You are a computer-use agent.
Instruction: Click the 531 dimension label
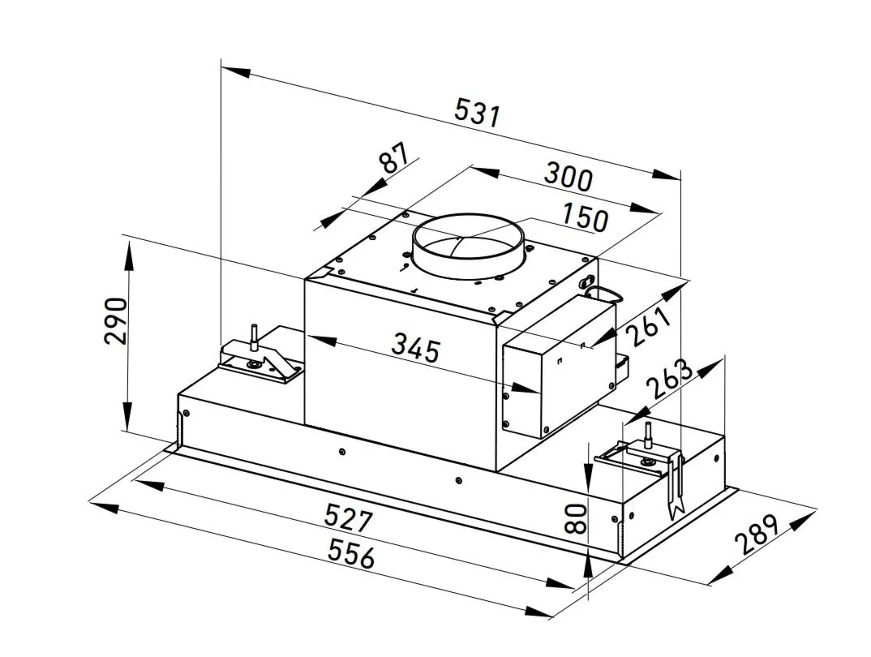coord(477,112)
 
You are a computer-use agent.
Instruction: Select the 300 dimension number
coord(568,177)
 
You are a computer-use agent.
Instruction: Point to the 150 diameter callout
coord(586,217)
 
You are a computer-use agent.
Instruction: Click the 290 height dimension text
coord(116,321)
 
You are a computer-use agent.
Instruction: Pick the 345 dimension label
coord(415,348)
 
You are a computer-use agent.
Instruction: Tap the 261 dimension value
coord(648,326)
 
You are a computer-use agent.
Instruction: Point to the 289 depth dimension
coord(757,535)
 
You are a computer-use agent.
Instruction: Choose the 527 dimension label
coord(348,517)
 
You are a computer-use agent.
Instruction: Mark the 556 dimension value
coord(351,553)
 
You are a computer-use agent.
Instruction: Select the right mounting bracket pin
coord(647,436)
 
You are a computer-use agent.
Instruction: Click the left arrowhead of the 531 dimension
coord(235,72)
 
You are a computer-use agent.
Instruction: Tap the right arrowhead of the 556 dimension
coord(538,612)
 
